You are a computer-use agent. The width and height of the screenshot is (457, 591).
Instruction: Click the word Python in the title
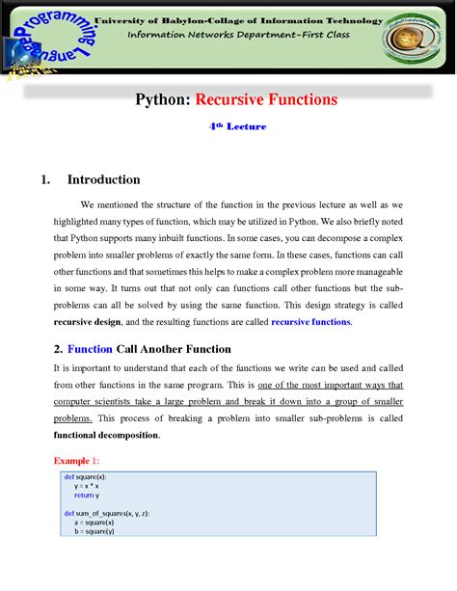click(x=161, y=98)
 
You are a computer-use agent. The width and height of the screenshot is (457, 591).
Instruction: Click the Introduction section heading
click(x=103, y=179)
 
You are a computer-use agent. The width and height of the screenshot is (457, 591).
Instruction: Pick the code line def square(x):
click(x=86, y=478)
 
